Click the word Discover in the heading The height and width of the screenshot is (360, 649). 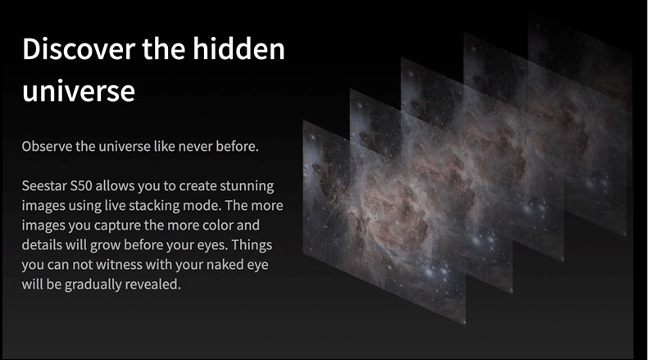click(x=79, y=49)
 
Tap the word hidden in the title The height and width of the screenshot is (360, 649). click(x=238, y=48)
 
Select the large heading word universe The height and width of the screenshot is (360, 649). click(x=79, y=91)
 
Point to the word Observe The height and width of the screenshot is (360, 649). click(x=47, y=146)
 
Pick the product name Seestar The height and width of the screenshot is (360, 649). click(x=44, y=185)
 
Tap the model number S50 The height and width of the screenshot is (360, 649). click(x=80, y=185)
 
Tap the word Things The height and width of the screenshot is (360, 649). click(x=252, y=245)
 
